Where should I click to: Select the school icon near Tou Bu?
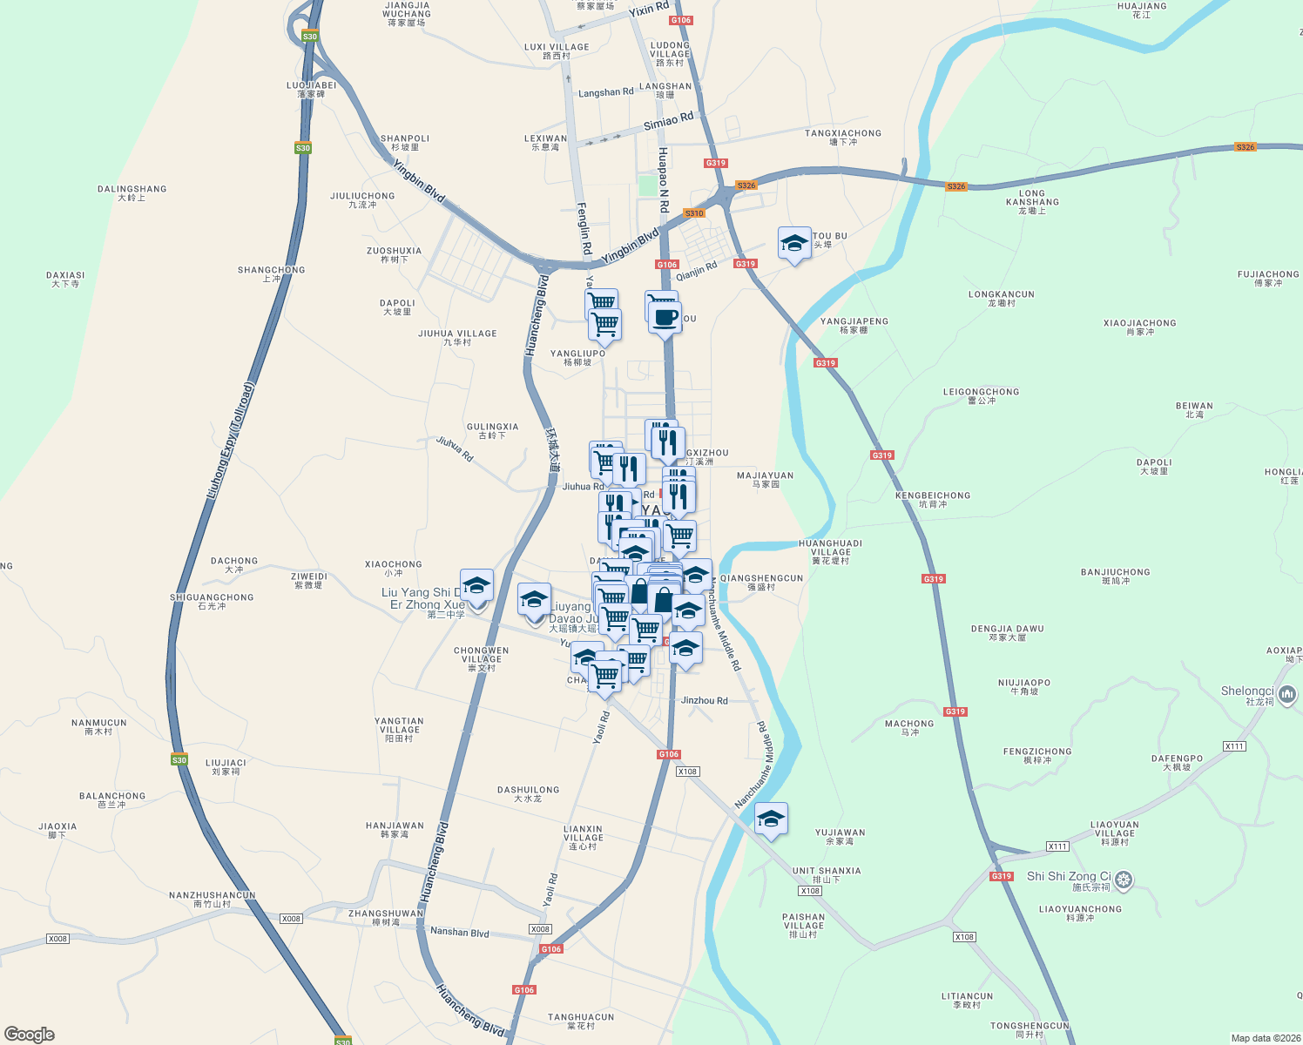(794, 244)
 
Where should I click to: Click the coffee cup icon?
(665, 319)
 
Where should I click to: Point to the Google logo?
(30, 1035)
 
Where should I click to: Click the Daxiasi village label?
(65, 279)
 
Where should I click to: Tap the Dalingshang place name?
(132, 192)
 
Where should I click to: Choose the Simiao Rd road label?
(668, 121)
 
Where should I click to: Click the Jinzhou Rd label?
(704, 700)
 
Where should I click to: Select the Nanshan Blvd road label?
(459, 932)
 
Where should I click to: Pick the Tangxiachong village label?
(842, 137)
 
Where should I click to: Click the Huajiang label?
(1141, 10)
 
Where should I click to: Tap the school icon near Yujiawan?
(771, 819)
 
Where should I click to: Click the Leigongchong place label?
(981, 395)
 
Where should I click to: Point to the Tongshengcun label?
(1030, 1030)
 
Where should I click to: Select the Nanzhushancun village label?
(212, 899)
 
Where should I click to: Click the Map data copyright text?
(1263, 1038)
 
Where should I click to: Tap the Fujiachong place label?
(1267, 278)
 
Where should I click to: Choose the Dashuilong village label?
(528, 793)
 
